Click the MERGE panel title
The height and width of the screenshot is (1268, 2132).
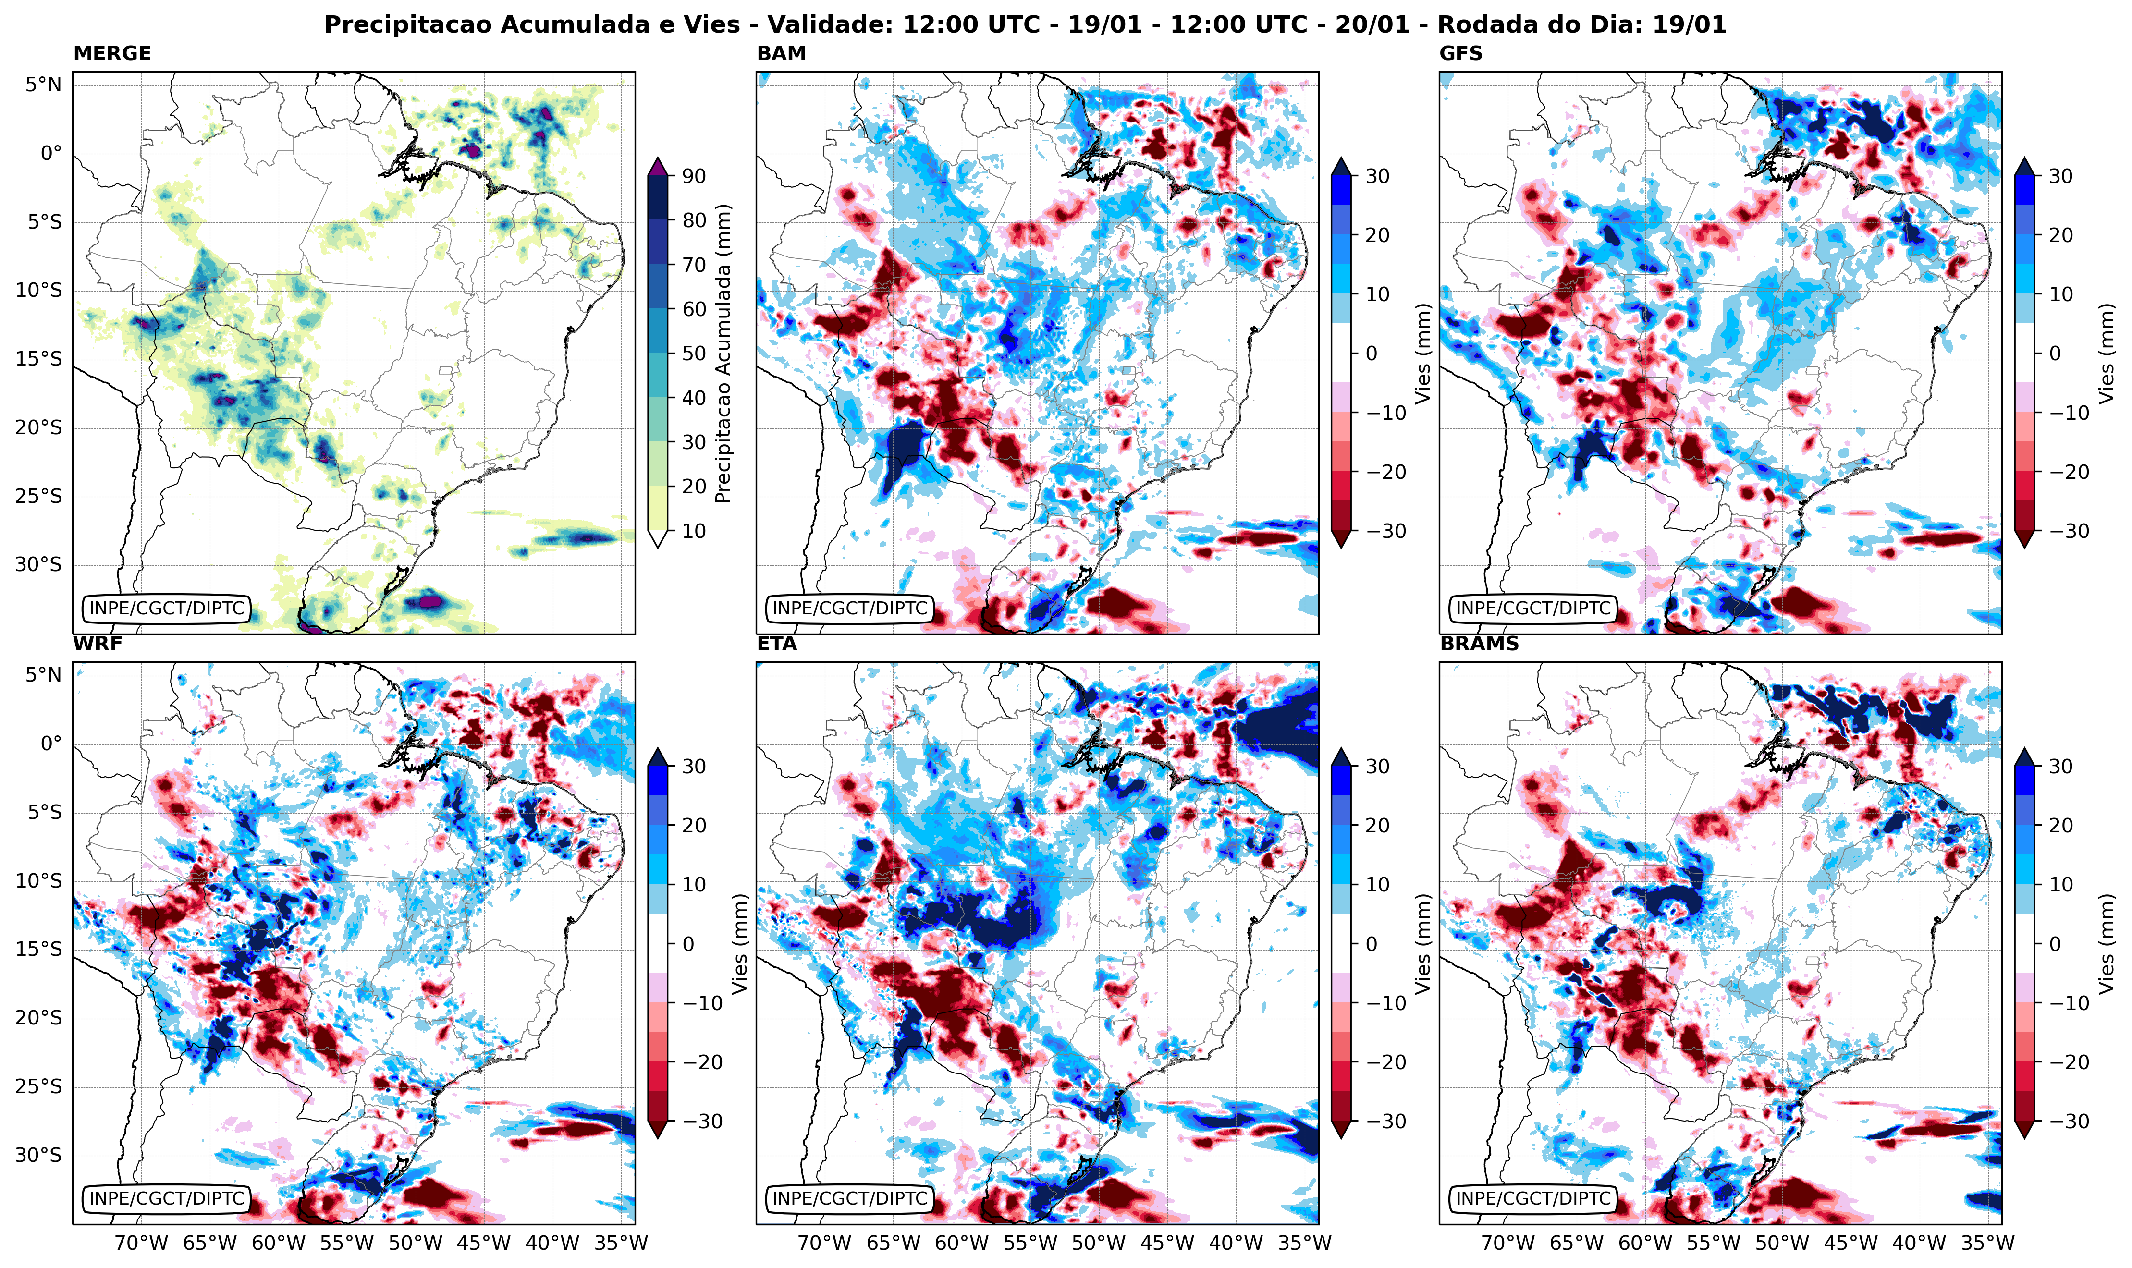click(112, 53)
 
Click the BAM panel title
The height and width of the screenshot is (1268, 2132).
click(781, 53)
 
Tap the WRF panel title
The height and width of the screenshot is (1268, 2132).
click(98, 644)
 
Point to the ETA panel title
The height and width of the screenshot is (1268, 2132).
click(777, 644)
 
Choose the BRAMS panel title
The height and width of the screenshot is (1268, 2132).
click(1479, 644)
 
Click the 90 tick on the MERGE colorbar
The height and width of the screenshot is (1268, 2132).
click(694, 176)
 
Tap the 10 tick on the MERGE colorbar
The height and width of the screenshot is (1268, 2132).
click(694, 531)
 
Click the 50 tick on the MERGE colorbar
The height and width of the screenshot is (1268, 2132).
click(694, 354)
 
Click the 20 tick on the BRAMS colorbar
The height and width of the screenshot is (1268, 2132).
click(2060, 825)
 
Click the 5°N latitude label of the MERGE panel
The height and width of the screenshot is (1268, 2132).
click(43, 85)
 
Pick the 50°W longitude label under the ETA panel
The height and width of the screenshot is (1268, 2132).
click(1098, 1243)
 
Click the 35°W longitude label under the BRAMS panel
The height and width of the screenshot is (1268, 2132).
click(1987, 1243)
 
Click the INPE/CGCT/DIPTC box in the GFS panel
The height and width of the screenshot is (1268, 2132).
click(1533, 609)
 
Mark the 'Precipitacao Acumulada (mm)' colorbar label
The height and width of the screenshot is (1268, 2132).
click(723, 354)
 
